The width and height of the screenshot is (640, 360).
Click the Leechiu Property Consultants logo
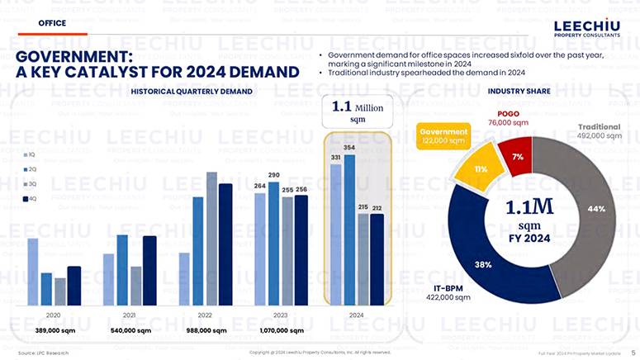point(587,30)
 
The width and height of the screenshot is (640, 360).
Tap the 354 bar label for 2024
point(349,147)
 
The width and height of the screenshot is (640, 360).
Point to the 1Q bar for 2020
point(33,272)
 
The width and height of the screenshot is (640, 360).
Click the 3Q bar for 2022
point(211,239)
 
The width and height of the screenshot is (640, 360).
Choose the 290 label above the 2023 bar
point(274,175)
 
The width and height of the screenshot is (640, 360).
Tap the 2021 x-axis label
point(129,315)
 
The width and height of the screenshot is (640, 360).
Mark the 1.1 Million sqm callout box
point(357,112)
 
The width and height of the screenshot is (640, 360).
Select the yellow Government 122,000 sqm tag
point(443,136)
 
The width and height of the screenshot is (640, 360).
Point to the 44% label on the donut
point(596,209)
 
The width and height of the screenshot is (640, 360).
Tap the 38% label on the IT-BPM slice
point(483,264)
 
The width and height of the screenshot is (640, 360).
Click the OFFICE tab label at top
point(52,23)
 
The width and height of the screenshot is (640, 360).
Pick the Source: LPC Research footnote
point(42,353)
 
